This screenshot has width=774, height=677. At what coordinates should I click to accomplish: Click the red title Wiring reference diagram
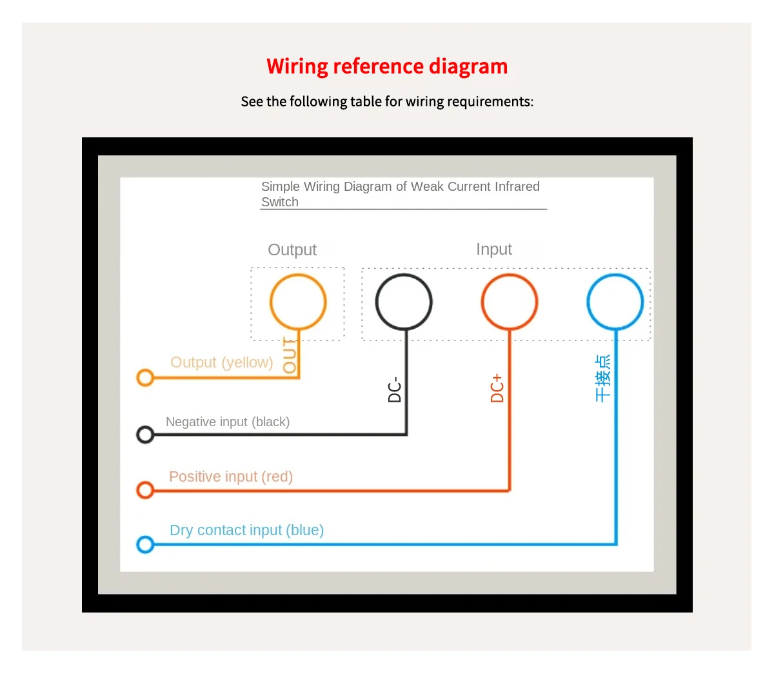pyautogui.click(x=387, y=66)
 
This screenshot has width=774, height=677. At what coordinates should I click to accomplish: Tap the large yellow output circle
pyautogui.click(x=298, y=302)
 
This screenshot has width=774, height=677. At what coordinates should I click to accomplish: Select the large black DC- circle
pyautogui.click(x=404, y=302)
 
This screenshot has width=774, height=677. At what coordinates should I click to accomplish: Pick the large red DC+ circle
pyautogui.click(x=510, y=302)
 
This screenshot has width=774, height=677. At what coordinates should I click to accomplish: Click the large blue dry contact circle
pyautogui.click(x=615, y=302)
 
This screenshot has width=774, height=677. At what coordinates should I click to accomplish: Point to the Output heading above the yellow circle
pyautogui.click(x=292, y=250)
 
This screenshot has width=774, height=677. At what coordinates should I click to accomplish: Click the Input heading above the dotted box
pyautogui.click(x=494, y=250)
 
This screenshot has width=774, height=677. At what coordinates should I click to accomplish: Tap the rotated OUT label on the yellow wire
pyautogui.click(x=290, y=356)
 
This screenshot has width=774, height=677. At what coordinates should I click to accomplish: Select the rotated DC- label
pyautogui.click(x=395, y=389)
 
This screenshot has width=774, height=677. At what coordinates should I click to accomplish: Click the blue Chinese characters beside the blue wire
pyautogui.click(x=602, y=378)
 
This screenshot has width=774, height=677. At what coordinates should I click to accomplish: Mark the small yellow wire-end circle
pyautogui.click(x=145, y=378)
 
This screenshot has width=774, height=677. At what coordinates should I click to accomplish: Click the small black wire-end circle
pyautogui.click(x=145, y=435)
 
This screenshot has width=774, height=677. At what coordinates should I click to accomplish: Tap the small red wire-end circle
pyautogui.click(x=145, y=491)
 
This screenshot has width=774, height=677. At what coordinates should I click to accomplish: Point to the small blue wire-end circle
pyautogui.click(x=145, y=545)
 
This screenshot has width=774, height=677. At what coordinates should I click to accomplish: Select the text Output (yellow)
pyautogui.click(x=221, y=362)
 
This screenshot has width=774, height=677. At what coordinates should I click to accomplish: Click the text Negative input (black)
pyautogui.click(x=228, y=422)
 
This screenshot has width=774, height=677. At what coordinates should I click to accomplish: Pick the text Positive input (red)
pyautogui.click(x=231, y=476)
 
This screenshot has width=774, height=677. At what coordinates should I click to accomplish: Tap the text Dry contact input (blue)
pyautogui.click(x=246, y=530)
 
